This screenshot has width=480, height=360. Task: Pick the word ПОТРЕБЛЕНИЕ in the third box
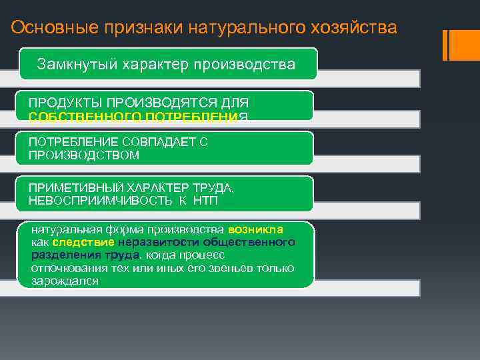coord(74,143)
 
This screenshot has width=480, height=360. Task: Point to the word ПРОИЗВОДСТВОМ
coord(84,155)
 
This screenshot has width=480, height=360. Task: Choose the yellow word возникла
coord(255,229)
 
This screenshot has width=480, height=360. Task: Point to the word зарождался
coord(65,281)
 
